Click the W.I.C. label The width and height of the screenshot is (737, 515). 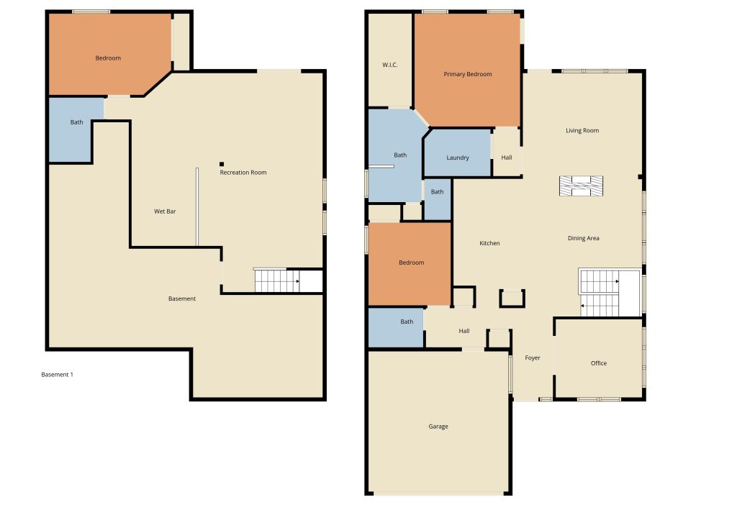[390, 65]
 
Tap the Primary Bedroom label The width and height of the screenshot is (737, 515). [468, 74]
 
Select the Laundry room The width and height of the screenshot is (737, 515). [458, 156]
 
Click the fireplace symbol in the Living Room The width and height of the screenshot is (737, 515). [582, 186]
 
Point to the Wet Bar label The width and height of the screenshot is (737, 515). [165, 211]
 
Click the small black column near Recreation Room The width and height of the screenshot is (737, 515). [222, 164]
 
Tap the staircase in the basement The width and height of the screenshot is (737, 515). [276, 281]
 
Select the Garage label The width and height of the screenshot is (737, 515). [438, 427]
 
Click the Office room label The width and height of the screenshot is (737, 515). [599, 363]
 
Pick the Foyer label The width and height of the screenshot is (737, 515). [533, 357]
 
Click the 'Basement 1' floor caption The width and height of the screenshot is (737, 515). [58, 375]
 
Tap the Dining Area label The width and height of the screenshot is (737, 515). [584, 238]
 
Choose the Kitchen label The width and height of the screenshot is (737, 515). [489, 243]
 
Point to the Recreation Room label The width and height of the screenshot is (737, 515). [243, 173]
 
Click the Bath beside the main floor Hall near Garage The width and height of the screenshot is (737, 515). [397, 327]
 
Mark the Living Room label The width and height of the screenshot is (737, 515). [582, 130]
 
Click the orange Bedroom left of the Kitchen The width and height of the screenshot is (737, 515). [410, 263]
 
